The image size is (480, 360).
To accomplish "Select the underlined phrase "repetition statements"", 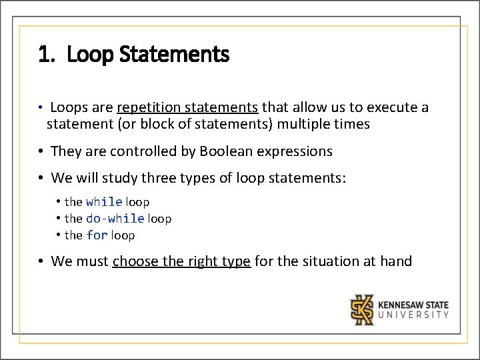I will [x=187, y=107].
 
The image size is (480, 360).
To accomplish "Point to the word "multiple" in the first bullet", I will [x=303, y=124].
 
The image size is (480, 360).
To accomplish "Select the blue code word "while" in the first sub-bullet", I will [x=104, y=201].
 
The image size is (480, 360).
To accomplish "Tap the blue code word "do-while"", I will [x=115, y=218].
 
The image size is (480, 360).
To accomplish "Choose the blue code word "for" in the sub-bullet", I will [x=97, y=235].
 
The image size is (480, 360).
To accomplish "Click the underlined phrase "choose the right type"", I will [x=181, y=261].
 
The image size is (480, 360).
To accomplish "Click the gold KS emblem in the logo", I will [x=363, y=309].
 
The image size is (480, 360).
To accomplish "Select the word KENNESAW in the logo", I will [x=403, y=305].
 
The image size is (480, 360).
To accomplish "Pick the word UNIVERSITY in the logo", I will [x=413, y=315].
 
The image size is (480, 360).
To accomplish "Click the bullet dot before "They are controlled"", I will [x=41, y=151].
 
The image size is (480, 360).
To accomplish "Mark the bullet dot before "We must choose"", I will [x=41, y=261].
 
